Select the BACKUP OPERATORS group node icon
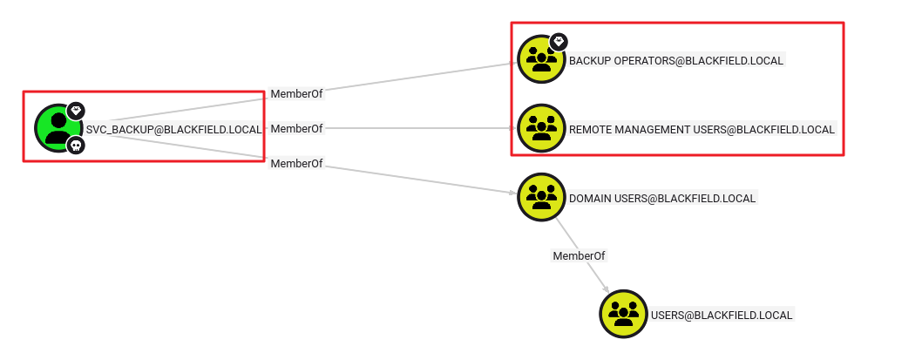541,59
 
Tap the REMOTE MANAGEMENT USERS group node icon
541,128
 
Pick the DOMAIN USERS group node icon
541,197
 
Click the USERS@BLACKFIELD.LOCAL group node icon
623,314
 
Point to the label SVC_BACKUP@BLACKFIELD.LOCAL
173,129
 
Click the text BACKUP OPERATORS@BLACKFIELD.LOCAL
676,60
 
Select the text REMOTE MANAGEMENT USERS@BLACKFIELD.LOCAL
702,129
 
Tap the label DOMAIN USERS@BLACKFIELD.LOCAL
662,198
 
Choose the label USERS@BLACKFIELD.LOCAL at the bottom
722,315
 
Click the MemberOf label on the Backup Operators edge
296,94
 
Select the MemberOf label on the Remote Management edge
296,128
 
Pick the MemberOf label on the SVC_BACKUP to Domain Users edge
296,163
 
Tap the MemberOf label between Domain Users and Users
579,255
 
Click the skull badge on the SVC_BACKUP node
76,145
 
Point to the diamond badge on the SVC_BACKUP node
76,110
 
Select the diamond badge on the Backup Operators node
559,41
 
